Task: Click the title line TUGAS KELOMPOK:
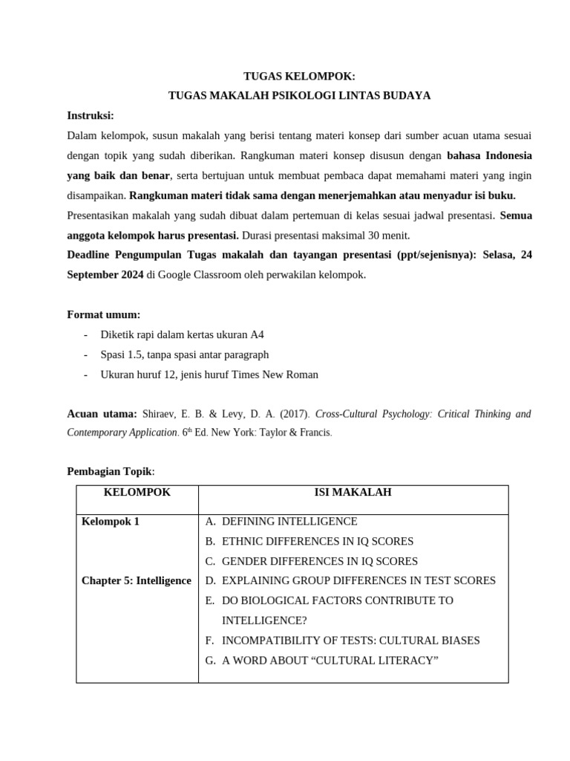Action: [299, 77]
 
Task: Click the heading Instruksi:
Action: [91, 116]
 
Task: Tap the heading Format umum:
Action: [104, 314]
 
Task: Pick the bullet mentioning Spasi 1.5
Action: [184, 354]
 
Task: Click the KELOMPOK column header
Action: [137, 493]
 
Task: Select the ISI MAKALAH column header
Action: [353, 493]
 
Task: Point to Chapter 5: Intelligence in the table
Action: [136, 580]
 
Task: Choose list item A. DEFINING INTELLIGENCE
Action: [281, 522]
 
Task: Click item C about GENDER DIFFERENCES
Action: [311, 561]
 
